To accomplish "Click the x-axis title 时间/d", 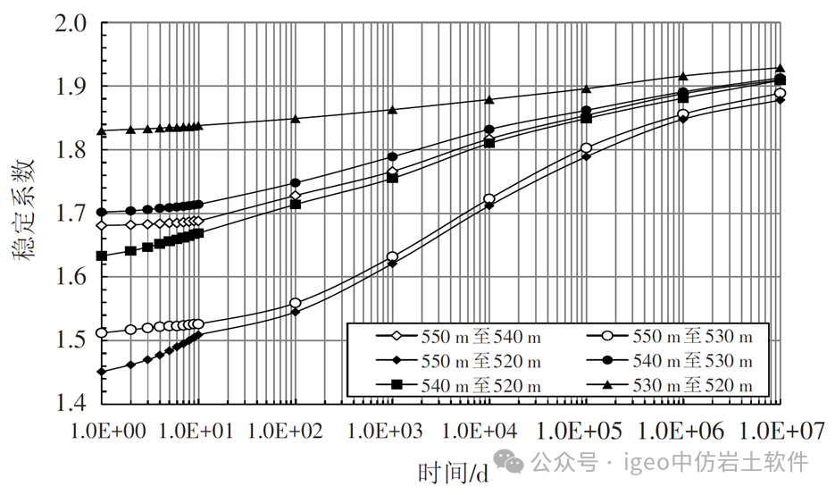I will pyautogui.click(x=454, y=470).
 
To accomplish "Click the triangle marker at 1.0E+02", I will pyautogui.click(x=295, y=118).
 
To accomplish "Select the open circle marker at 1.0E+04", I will pyautogui.click(x=488, y=198).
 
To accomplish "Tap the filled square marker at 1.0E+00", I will pyautogui.click(x=102, y=256).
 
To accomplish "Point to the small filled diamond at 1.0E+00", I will pyautogui.click(x=102, y=371).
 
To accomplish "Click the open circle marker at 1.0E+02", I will pyautogui.click(x=295, y=303).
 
